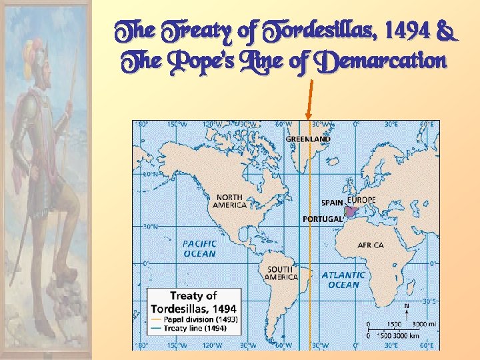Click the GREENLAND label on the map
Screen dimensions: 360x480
308,139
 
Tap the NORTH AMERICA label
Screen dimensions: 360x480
229,201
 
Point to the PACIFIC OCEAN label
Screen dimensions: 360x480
199,249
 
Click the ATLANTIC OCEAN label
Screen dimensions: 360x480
343,279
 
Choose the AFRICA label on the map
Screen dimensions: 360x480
371,245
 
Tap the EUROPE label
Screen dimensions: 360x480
361,200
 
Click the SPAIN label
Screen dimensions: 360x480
332,202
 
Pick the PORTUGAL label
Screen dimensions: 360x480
323,219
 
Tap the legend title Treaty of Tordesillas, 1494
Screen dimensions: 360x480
193,302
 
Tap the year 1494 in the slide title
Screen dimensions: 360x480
409,31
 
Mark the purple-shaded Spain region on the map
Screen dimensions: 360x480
351,211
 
